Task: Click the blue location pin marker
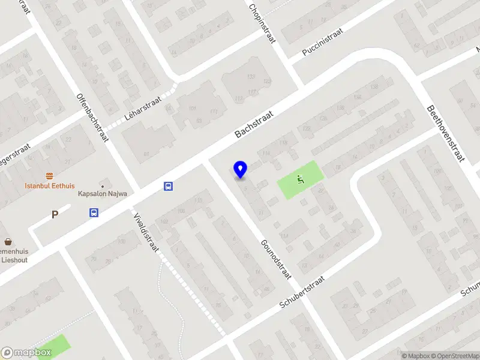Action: coord(241,169)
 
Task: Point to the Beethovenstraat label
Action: coord(446,133)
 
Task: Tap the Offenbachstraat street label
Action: coord(92,117)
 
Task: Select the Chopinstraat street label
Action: coord(262,22)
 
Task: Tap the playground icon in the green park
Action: coord(300,178)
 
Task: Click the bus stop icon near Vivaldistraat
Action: coord(169,186)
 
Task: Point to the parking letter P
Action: coord(55,214)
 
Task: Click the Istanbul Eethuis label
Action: coord(49,186)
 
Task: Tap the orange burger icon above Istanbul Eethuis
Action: coord(49,176)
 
